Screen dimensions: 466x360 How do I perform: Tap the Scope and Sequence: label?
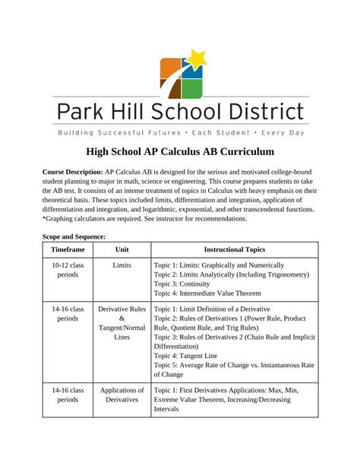click(x=74, y=237)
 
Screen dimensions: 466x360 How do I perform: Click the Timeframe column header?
click(x=68, y=249)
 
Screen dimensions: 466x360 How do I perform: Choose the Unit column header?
click(x=122, y=249)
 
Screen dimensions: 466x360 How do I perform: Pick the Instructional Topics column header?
click(x=234, y=249)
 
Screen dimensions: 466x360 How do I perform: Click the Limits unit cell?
click(x=122, y=265)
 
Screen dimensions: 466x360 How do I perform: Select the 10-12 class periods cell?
click(x=68, y=270)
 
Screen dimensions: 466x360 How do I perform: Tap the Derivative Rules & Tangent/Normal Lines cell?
click(x=122, y=322)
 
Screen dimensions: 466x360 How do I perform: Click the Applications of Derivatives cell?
click(x=122, y=394)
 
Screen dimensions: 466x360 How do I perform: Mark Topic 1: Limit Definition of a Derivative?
click(x=223, y=309)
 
